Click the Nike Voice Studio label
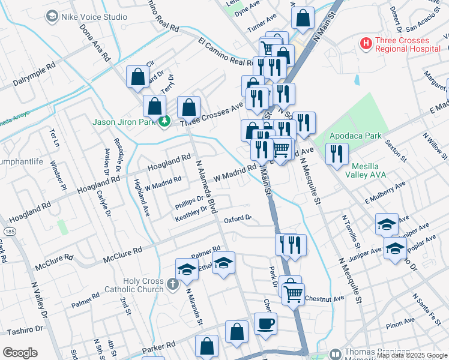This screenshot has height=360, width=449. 93,17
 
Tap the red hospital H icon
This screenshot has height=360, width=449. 365,44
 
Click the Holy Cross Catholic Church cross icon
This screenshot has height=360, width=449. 173,284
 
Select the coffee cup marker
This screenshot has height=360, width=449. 265,324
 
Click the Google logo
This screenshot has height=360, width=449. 19,352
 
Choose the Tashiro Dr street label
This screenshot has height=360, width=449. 25,329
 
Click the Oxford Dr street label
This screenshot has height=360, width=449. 237,220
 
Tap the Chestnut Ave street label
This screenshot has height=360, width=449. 324,298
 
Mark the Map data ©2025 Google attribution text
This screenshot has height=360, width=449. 411,355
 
